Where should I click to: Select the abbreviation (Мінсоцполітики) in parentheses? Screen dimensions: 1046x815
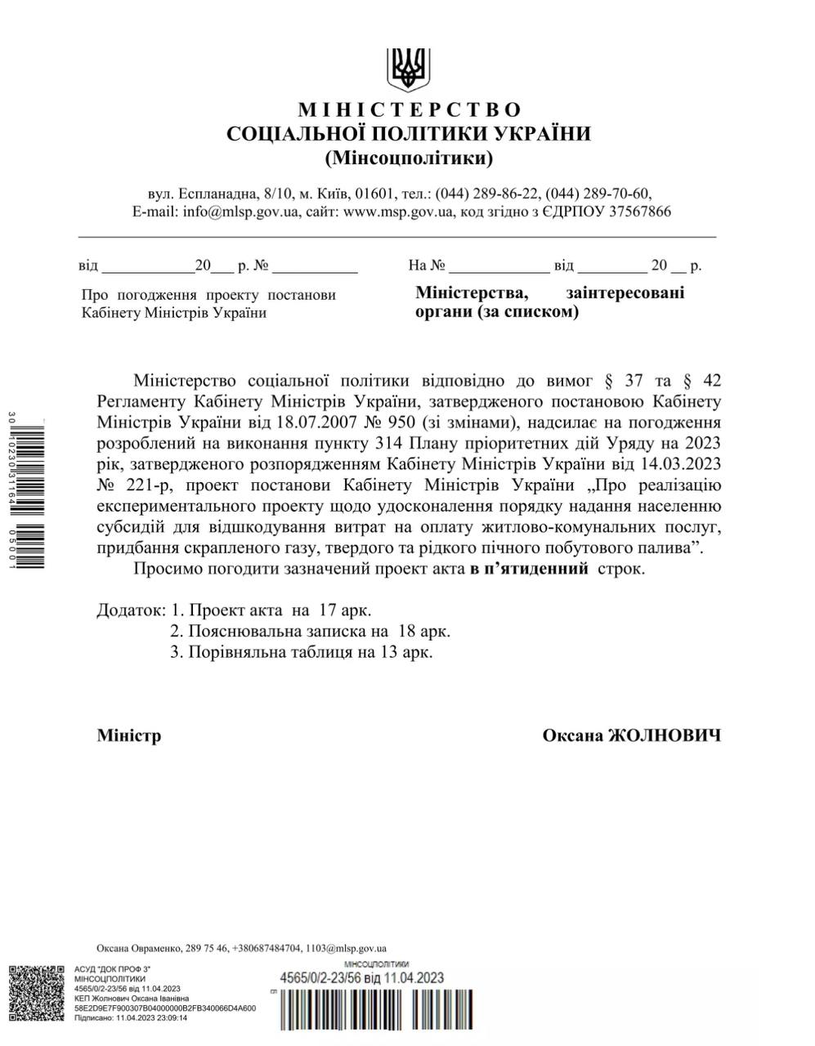(x=409, y=156)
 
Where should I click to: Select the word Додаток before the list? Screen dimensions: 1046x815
(x=129, y=610)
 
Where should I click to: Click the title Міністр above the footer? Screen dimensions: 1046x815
(x=129, y=735)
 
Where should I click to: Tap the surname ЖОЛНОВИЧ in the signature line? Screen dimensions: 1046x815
(x=665, y=735)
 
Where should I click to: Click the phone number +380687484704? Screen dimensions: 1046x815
(x=266, y=948)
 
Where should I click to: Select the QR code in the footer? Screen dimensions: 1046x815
(x=37, y=993)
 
